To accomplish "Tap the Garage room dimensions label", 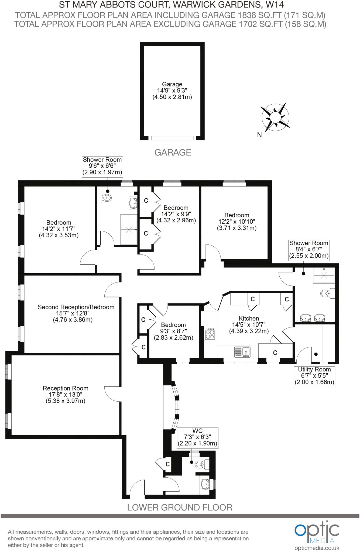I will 172,91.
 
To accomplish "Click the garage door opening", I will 172,138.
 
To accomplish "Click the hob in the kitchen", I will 210,333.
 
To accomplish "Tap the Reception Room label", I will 66,394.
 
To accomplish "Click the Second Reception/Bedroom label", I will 76,313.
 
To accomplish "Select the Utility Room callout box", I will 314,376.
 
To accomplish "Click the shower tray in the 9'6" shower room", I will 129,229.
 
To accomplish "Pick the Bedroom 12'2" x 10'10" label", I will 237,221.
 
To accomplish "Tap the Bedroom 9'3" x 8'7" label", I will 173,331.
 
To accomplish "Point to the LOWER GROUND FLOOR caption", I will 180,507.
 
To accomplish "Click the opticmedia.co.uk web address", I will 317,548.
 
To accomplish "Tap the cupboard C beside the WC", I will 167,464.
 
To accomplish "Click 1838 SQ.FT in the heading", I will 260,15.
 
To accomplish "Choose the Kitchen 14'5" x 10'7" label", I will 249,325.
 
